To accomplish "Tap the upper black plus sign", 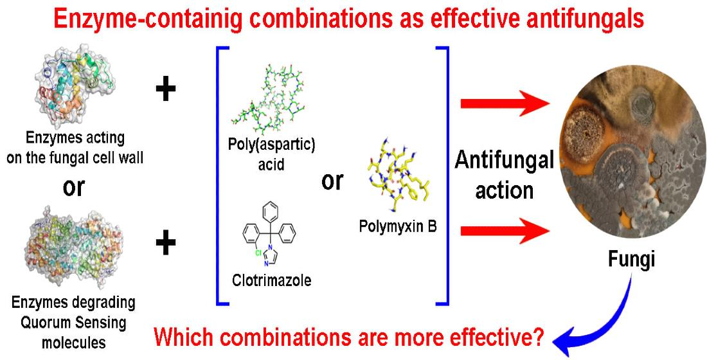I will [x=166, y=89].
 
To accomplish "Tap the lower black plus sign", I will [x=166, y=243].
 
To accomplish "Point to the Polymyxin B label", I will [x=397, y=227].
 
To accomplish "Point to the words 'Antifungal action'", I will [x=504, y=175].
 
